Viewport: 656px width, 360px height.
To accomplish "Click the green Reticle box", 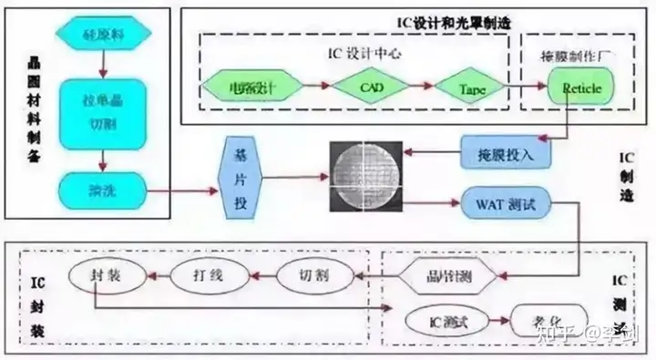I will coord(579,88).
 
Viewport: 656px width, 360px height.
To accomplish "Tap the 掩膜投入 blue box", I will coord(506,152).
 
